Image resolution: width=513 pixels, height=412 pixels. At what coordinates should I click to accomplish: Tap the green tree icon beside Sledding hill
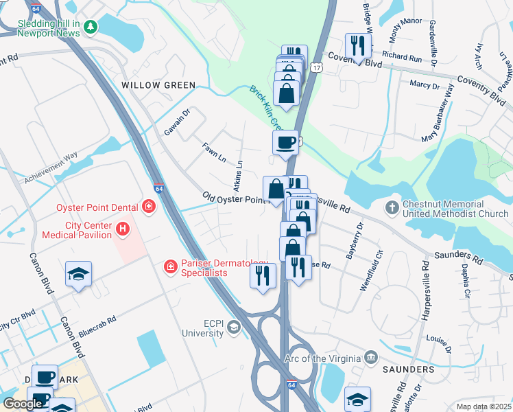pyautogui.click(x=90, y=24)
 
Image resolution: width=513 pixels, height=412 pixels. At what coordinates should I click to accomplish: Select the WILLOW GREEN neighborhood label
pyautogui.click(x=158, y=85)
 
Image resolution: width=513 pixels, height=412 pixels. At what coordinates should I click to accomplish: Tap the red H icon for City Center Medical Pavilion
pyautogui.click(x=123, y=229)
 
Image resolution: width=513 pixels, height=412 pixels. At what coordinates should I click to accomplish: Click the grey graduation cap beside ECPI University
pyautogui.click(x=234, y=328)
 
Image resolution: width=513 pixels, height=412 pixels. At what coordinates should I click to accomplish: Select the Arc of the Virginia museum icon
pyautogui.click(x=371, y=358)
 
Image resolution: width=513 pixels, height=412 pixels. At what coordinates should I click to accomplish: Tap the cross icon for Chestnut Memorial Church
pyautogui.click(x=392, y=207)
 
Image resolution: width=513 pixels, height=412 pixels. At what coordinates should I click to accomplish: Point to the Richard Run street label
pyautogui.click(x=402, y=58)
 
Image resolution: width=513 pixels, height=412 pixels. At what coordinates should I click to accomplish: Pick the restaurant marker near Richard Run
pyautogui.click(x=358, y=46)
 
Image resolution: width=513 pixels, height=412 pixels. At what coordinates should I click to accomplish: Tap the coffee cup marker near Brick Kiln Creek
pyautogui.click(x=285, y=143)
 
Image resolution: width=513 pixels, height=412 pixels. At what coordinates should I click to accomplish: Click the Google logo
pyautogui.click(x=23, y=404)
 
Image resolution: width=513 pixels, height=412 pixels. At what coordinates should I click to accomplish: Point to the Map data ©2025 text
pyautogui.click(x=483, y=407)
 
